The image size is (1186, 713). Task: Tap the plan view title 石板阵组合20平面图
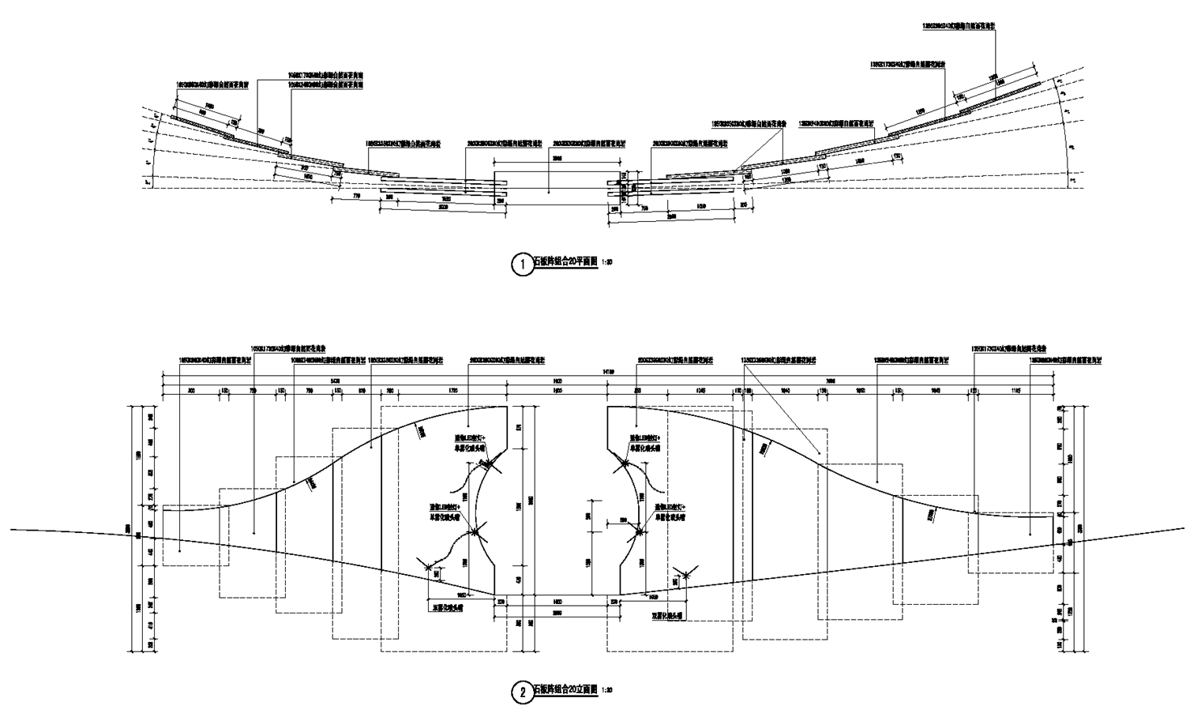pyautogui.click(x=566, y=261)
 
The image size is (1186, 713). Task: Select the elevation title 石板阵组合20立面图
pyautogui.click(x=566, y=689)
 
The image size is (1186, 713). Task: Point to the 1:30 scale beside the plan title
pyautogui.click(x=608, y=261)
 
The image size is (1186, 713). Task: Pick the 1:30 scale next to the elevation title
pyautogui.click(x=608, y=689)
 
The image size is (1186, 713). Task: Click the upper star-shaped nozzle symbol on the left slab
pyautogui.click(x=491, y=463)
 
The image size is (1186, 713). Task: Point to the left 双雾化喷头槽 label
pyautogui.click(x=447, y=609)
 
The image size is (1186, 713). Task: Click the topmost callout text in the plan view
pyautogui.click(x=959, y=26)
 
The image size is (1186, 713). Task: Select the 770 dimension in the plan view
pyautogui.click(x=356, y=195)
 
